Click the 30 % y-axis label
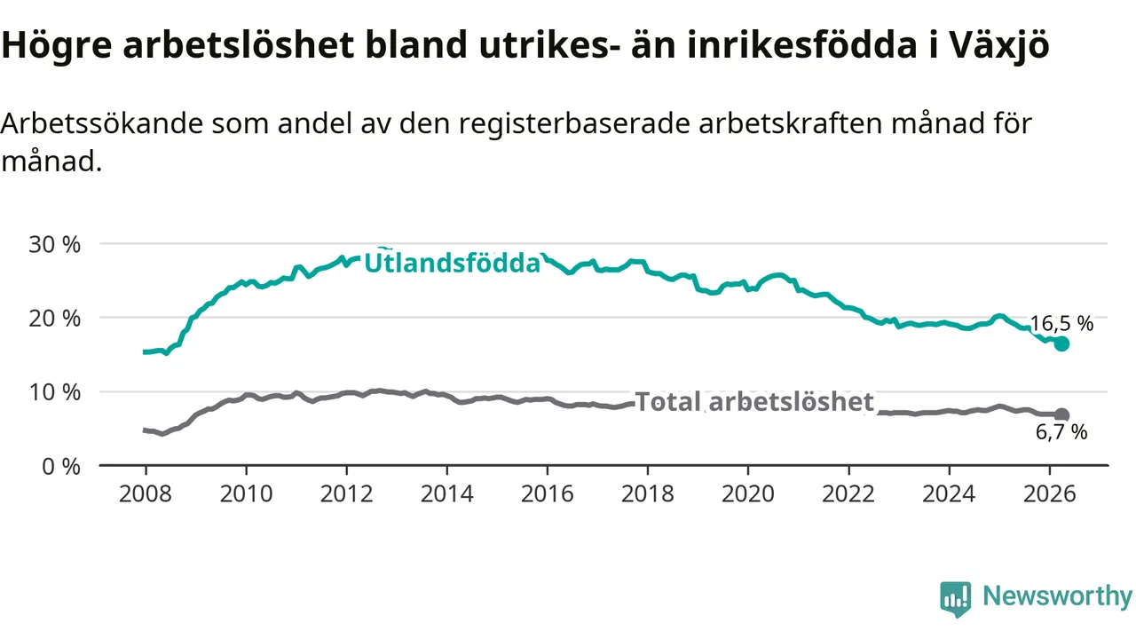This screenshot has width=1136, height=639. point(54,244)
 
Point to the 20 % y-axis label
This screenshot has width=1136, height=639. point(54,319)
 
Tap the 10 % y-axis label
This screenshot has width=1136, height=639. point(54,392)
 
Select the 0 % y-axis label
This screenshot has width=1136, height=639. point(61,467)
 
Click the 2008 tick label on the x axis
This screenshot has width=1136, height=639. point(146,494)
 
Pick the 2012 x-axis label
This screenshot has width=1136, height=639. point(346,494)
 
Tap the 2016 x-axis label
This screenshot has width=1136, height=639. point(548,494)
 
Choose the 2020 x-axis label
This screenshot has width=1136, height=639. point(748,494)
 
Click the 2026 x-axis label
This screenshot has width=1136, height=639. point(1049,494)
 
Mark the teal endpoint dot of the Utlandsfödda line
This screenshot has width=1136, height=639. point(1061,343)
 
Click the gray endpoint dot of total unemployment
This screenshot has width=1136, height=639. point(1061,414)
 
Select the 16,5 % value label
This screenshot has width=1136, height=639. point(1061,324)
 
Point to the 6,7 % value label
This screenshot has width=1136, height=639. point(1061,432)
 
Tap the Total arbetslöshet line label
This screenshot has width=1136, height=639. point(754,402)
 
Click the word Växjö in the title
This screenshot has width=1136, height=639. point(999,45)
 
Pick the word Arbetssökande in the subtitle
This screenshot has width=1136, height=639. point(101,123)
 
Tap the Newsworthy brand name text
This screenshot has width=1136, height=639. point(1057,596)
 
